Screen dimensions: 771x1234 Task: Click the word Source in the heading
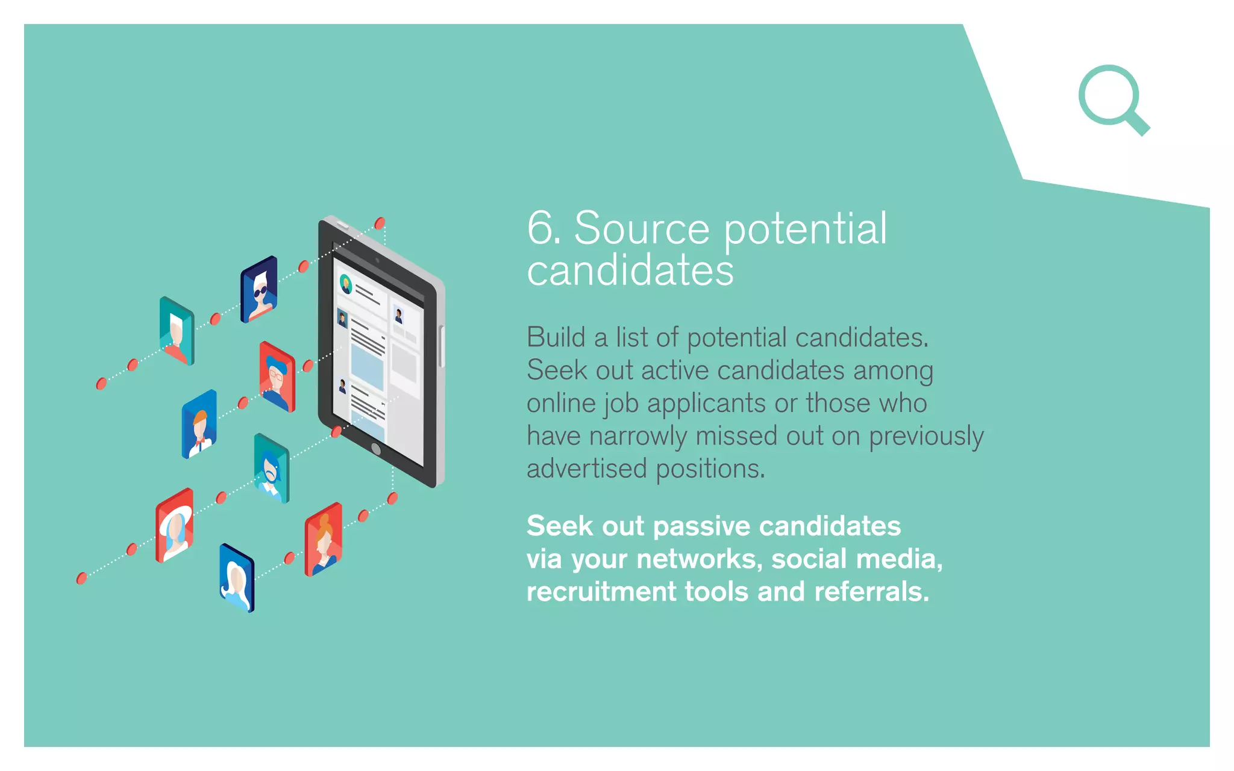[x=642, y=228]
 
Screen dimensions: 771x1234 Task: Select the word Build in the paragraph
[x=556, y=337]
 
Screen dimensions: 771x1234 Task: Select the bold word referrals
[x=872, y=592]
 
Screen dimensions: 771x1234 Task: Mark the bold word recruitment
[x=601, y=592]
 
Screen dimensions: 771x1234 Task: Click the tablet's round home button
[x=376, y=449]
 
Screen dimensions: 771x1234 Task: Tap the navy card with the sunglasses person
[x=259, y=290]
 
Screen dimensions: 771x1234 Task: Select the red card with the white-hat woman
[x=175, y=525]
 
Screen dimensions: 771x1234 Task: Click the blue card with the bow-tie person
[x=199, y=424]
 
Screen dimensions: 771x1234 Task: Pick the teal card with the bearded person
[x=272, y=468]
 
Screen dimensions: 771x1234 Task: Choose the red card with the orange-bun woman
[x=324, y=539]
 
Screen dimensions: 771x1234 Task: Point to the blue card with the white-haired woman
[x=237, y=578]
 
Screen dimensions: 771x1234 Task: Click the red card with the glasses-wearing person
[x=277, y=377]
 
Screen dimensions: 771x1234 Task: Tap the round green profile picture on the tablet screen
[x=346, y=283]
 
